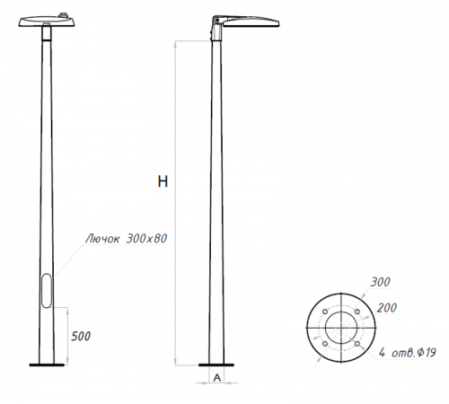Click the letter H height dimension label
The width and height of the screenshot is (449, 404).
tap(163, 181)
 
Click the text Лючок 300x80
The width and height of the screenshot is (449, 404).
tap(126, 239)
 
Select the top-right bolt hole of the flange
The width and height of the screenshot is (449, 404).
tap(357, 311)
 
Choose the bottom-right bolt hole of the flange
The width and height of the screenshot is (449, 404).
tap(357, 343)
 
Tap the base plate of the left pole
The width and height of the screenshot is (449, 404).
tap(47, 364)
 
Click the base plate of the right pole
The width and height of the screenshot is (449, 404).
tap(216, 364)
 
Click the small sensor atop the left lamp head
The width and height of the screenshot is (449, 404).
tap(65, 13)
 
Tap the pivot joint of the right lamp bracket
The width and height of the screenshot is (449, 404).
tap(215, 25)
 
